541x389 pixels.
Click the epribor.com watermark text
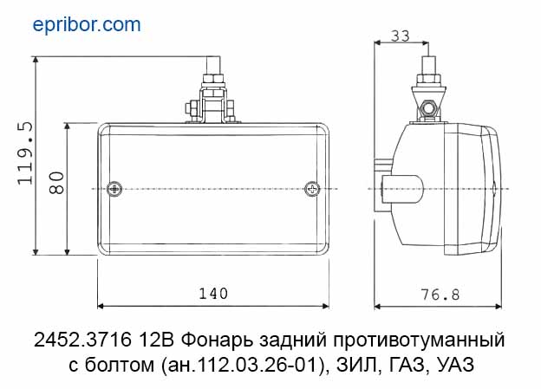(x=87, y=25)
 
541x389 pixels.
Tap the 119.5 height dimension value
(x=25, y=152)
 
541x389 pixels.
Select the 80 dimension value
(x=56, y=183)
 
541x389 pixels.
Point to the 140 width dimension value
(x=213, y=294)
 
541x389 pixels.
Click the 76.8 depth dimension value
(x=440, y=295)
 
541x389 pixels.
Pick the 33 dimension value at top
(x=401, y=36)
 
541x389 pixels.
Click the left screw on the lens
(x=114, y=189)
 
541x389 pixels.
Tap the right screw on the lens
(x=312, y=189)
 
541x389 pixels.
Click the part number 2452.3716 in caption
(x=83, y=340)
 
